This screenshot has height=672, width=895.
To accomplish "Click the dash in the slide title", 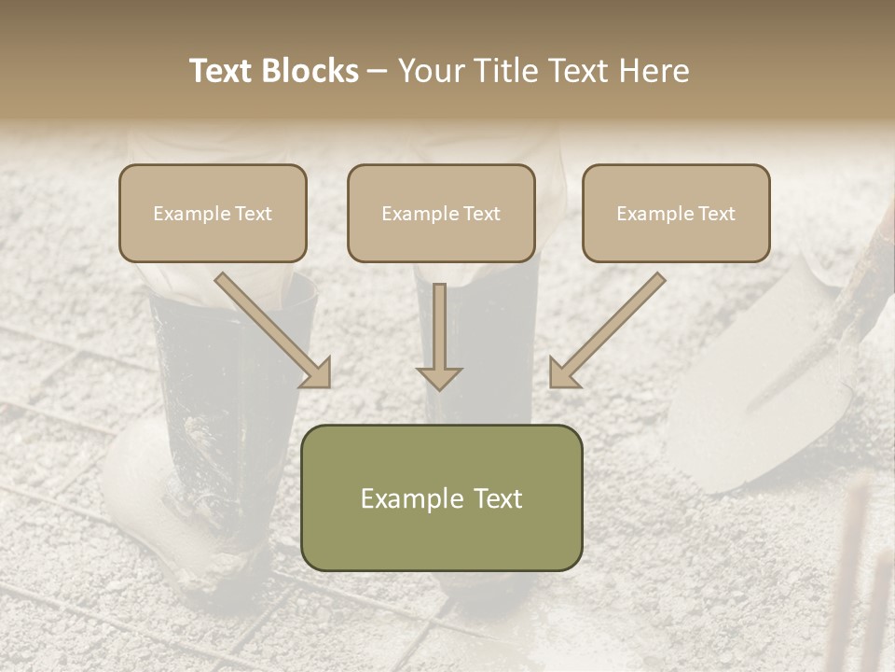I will click(378, 71).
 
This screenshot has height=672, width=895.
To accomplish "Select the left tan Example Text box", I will click(213, 213).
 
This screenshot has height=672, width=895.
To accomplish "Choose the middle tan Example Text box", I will click(441, 213).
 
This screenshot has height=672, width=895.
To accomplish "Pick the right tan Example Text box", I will click(676, 213).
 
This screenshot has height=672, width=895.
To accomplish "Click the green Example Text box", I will click(441, 497).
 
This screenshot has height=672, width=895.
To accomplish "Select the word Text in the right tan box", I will click(717, 214).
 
